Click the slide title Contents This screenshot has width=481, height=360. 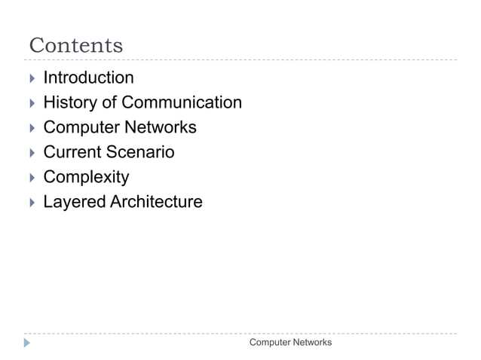click(75, 45)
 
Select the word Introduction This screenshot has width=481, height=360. click(88, 78)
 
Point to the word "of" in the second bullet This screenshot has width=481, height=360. click(109, 102)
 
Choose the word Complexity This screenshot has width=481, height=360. click(86, 178)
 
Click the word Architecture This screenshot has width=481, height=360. click(158, 202)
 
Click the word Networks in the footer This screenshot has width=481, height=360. click(311, 343)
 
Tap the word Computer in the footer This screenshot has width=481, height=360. click(269, 343)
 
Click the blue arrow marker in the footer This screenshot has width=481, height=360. click(28, 343)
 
